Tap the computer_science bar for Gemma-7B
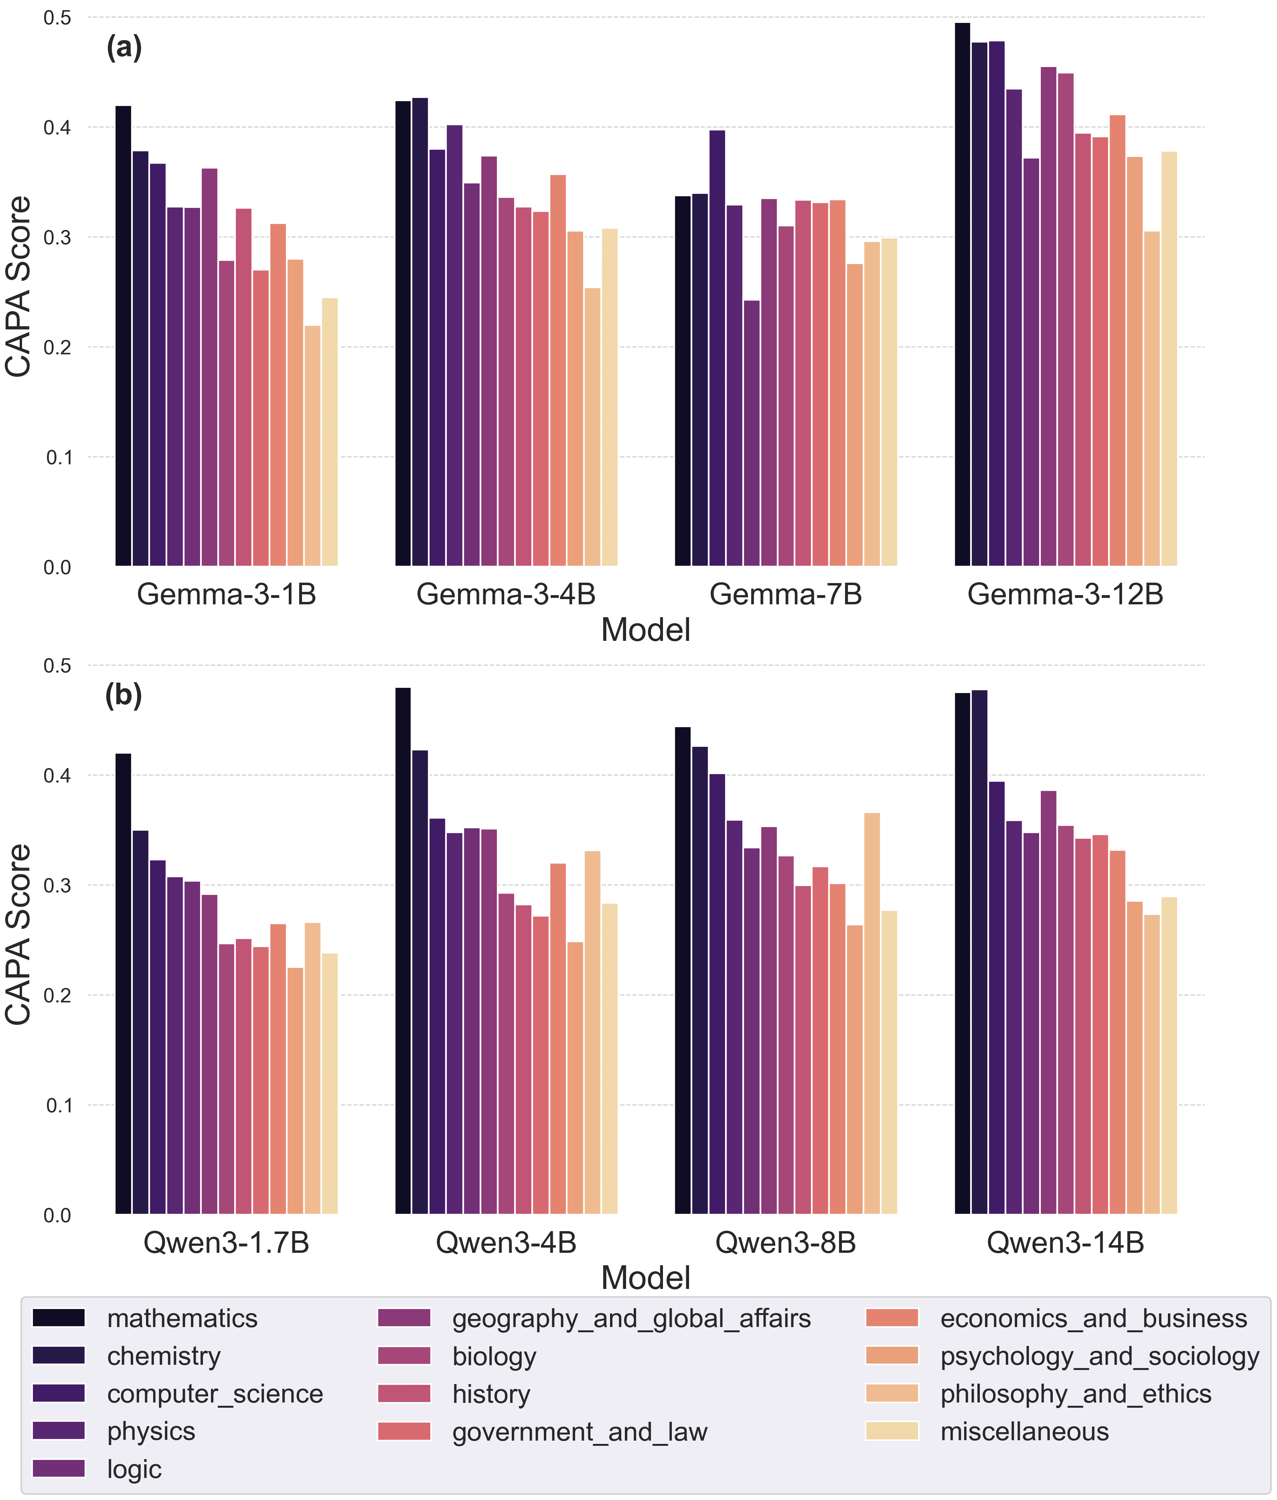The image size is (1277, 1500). tap(717, 348)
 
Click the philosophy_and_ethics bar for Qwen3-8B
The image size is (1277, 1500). tap(872, 1014)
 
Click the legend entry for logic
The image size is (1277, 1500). tap(134, 1469)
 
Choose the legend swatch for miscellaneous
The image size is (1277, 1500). tap(891, 1431)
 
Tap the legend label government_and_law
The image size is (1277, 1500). tap(579, 1431)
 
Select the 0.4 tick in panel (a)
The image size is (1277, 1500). tap(57, 128)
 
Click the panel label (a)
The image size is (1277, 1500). tap(124, 48)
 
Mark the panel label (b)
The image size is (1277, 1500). tap(123, 695)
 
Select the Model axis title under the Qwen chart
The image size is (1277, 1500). tap(645, 1278)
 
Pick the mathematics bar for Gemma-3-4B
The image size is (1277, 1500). tap(403, 333)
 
